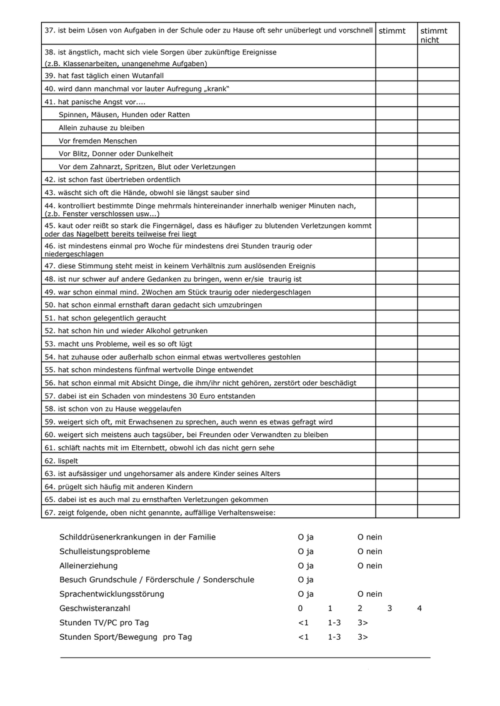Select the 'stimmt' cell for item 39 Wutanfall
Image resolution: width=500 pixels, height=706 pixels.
point(396,75)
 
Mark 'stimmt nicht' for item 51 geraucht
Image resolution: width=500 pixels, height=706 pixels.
point(438,317)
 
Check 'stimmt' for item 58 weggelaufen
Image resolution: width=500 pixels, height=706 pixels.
point(396,409)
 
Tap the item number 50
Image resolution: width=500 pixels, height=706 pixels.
point(50,305)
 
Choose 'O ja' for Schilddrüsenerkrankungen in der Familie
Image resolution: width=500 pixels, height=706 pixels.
point(306,537)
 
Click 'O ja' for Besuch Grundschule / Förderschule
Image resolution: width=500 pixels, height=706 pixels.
point(306,580)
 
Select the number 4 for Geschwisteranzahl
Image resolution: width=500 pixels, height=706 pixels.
point(419,608)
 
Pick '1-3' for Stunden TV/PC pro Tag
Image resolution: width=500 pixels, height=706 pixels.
point(334,622)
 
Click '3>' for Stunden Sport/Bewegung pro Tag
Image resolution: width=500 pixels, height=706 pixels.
point(363,637)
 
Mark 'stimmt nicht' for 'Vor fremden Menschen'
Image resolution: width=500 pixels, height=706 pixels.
point(438,140)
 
